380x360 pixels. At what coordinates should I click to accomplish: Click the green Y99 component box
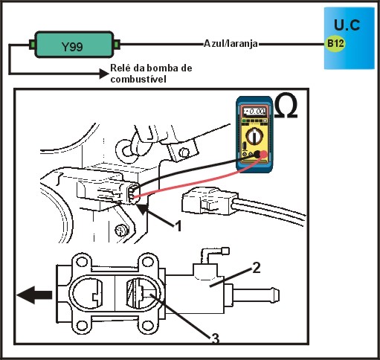coord(74,45)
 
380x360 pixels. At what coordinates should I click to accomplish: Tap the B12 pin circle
coord(335,43)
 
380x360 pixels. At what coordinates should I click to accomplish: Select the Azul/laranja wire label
coord(231,44)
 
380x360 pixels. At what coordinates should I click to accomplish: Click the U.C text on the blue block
coord(347,25)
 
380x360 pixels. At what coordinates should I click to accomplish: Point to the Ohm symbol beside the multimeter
coord(286,105)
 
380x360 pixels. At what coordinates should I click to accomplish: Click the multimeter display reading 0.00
coord(254,112)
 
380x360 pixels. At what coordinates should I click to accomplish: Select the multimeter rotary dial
coord(254,135)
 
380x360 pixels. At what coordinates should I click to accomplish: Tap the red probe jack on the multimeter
coord(263,155)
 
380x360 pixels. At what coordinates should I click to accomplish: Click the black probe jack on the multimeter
coord(257,154)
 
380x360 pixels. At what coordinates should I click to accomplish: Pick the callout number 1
coord(178,226)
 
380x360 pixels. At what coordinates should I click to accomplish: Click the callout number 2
coord(257,268)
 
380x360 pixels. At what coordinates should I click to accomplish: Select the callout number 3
coord(215,338)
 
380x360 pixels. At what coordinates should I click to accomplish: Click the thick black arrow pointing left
coord(34,295)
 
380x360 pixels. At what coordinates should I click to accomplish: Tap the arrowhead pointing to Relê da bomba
coord(104,74)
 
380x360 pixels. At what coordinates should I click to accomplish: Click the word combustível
coord(138,80)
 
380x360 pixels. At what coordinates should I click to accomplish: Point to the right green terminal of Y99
coord(117,45)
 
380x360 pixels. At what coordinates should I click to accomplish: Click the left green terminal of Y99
coord(32,45)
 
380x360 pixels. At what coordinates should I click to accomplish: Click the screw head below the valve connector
coord(122,231)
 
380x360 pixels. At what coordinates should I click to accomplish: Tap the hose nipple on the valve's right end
coord(255,295)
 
